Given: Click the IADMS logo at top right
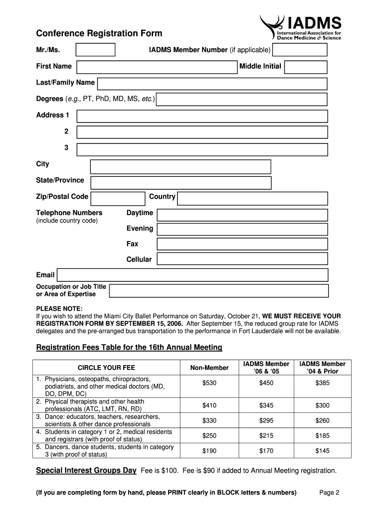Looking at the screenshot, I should click(301, 27).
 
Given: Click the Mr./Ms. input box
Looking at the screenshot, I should click(95, 50).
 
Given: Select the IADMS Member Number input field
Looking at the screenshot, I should click(300, 50).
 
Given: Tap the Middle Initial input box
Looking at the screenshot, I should click(306, 67).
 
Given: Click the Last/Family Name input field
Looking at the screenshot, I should click(212, 83).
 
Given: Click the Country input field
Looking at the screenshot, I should click(252, 199).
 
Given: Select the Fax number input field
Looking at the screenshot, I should click(242, 244).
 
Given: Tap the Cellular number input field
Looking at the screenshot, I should click(242, 259).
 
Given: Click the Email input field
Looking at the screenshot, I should click(192, 275).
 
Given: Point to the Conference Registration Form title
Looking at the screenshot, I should click(99, 33).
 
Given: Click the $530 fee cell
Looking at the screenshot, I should click(209, 383).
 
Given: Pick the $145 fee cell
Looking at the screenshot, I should click(322, 451).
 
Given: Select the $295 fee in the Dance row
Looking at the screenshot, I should click(266, 420).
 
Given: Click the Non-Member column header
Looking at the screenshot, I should click(209, 368).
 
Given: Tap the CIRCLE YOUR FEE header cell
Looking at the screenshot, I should click(106, 368).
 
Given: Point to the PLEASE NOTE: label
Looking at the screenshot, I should click(59, 308).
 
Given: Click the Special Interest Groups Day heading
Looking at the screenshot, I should click(86, 471).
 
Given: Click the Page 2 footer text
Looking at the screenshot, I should click(329, 493).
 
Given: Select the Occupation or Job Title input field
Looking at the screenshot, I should click(218, 291).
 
